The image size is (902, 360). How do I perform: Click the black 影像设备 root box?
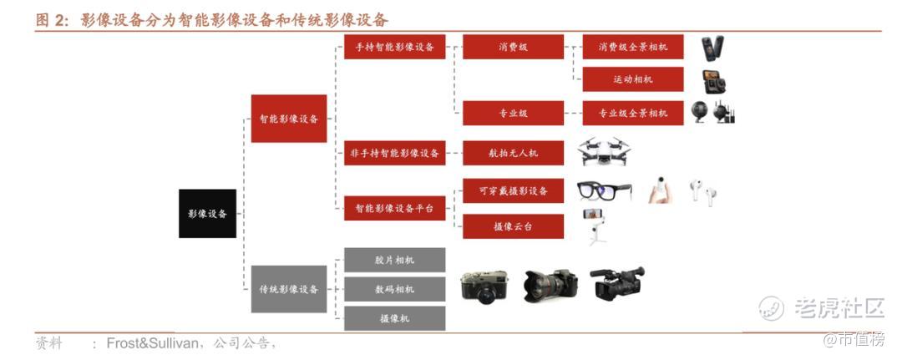207,213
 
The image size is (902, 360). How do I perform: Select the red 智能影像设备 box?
289,119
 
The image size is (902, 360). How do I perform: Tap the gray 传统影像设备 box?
289,289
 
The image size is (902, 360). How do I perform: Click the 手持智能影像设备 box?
394,47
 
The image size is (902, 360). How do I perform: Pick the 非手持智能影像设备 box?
394,153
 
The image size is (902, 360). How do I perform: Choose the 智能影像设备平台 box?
394,208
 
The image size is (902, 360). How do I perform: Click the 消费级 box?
513,47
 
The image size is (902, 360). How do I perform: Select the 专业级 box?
513,114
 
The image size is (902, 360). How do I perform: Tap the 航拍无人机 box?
513,153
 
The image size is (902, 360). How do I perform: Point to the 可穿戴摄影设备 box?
513,191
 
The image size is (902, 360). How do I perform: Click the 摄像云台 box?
513,226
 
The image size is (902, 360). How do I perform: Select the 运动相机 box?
633,79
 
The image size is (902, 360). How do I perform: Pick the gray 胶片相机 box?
394,260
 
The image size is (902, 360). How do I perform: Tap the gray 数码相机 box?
394,289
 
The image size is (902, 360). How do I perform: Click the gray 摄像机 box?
394,318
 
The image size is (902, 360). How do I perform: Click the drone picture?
604,151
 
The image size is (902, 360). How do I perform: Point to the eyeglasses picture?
604,191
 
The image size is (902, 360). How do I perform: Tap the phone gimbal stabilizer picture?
595,226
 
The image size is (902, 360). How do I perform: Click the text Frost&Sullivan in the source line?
153,343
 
